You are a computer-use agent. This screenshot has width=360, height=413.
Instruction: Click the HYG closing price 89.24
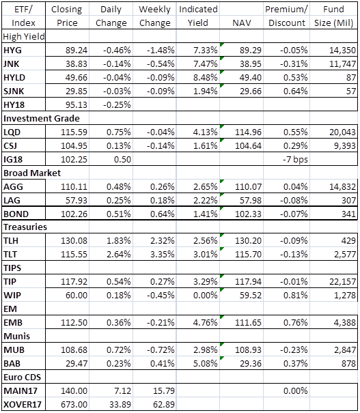click(77, 50)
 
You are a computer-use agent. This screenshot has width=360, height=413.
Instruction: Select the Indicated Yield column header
click(198, 16)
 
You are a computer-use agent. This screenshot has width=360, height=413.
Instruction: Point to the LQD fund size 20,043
click(342, 132)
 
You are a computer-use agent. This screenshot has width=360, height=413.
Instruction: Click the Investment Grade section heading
click(42, 119)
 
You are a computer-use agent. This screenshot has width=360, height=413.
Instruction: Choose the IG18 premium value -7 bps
click(295, 159)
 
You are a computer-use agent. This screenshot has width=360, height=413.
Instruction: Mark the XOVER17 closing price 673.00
click(74, 404)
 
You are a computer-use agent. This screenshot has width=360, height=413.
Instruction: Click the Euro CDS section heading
click(22, 378)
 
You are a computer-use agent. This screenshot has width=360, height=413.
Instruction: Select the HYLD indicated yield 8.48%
click(206, 77)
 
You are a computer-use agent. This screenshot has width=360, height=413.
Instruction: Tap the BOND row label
click(16, 214)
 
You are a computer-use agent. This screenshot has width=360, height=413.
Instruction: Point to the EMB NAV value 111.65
click(248, 323)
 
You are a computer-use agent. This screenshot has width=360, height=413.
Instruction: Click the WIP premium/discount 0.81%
click(295, 296)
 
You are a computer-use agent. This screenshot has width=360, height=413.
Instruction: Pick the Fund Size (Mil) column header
click(333, 16)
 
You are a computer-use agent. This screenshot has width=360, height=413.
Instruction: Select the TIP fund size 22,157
click(343, 281)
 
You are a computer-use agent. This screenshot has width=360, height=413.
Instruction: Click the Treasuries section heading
click(25, 227)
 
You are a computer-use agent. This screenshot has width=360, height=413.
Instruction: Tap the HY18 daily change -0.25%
click(117, 105)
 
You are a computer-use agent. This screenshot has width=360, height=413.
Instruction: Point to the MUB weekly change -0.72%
click(161, 350)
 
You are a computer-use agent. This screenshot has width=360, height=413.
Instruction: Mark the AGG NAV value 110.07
click(248, 187)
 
